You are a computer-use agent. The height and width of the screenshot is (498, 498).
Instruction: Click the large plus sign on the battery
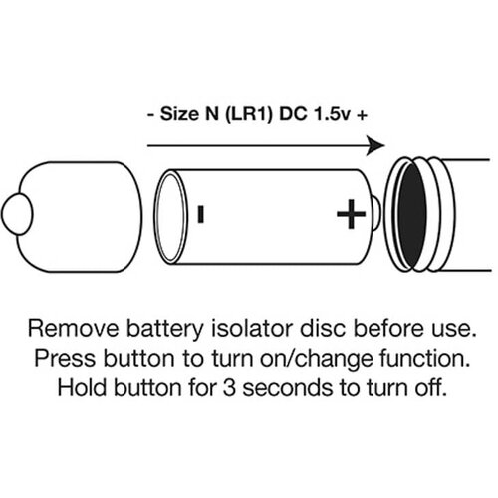[352, 214]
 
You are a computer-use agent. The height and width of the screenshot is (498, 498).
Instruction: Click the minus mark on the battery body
[200, 214]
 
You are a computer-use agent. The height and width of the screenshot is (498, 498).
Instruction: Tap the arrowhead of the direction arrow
[375, 145]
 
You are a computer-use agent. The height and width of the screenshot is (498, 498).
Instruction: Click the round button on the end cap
[17, 214]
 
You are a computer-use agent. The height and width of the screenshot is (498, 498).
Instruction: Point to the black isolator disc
[411, 215]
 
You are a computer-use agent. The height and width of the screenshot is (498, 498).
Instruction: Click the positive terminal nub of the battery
[376, 213]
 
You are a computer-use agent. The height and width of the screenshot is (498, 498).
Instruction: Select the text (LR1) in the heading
[249, 114]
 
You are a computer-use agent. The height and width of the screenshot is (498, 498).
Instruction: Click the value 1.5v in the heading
[332, 114]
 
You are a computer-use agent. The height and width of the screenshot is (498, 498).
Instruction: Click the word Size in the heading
[179, 114]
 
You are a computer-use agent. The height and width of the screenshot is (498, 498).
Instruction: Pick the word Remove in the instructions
[73, 328]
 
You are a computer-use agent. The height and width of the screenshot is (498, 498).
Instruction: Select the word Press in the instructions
[65, 359]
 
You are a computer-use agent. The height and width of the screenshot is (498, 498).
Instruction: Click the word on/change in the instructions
[317, 359]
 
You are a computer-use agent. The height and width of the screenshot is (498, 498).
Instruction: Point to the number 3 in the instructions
[229, 388]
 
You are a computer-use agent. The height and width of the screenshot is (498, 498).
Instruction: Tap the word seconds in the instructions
[288, 388]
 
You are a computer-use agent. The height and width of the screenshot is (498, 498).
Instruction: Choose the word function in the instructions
[425, 359]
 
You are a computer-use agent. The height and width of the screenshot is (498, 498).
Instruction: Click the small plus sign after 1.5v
[362, 115]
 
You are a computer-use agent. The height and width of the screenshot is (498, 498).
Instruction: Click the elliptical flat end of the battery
[170, 217]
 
